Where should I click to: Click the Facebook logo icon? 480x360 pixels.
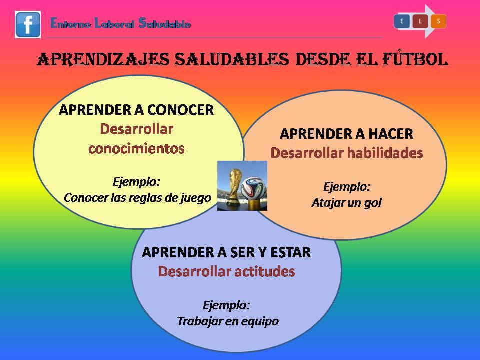[28, 25]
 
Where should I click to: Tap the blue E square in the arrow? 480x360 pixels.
[402, 21]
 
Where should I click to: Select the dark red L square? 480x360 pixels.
[420, 21]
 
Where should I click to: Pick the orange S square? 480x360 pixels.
[438, 21]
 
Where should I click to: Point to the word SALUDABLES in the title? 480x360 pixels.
[231, 59]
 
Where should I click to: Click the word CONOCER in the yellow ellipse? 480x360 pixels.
[180, 110]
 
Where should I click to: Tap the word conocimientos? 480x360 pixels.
[136, 149]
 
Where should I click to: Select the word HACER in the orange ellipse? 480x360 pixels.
[391, 134]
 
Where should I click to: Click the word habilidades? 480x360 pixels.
[385, 153]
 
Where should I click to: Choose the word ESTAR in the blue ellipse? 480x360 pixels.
[290, 252]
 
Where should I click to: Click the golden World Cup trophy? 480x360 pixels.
[234, 187]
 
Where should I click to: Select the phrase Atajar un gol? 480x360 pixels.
[347, 203]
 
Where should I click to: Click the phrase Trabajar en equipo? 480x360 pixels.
[228, 321]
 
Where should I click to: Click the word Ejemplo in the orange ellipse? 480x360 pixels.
[347, 187]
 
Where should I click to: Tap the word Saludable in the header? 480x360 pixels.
[165, 23]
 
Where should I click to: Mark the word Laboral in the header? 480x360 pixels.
[114, 23]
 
